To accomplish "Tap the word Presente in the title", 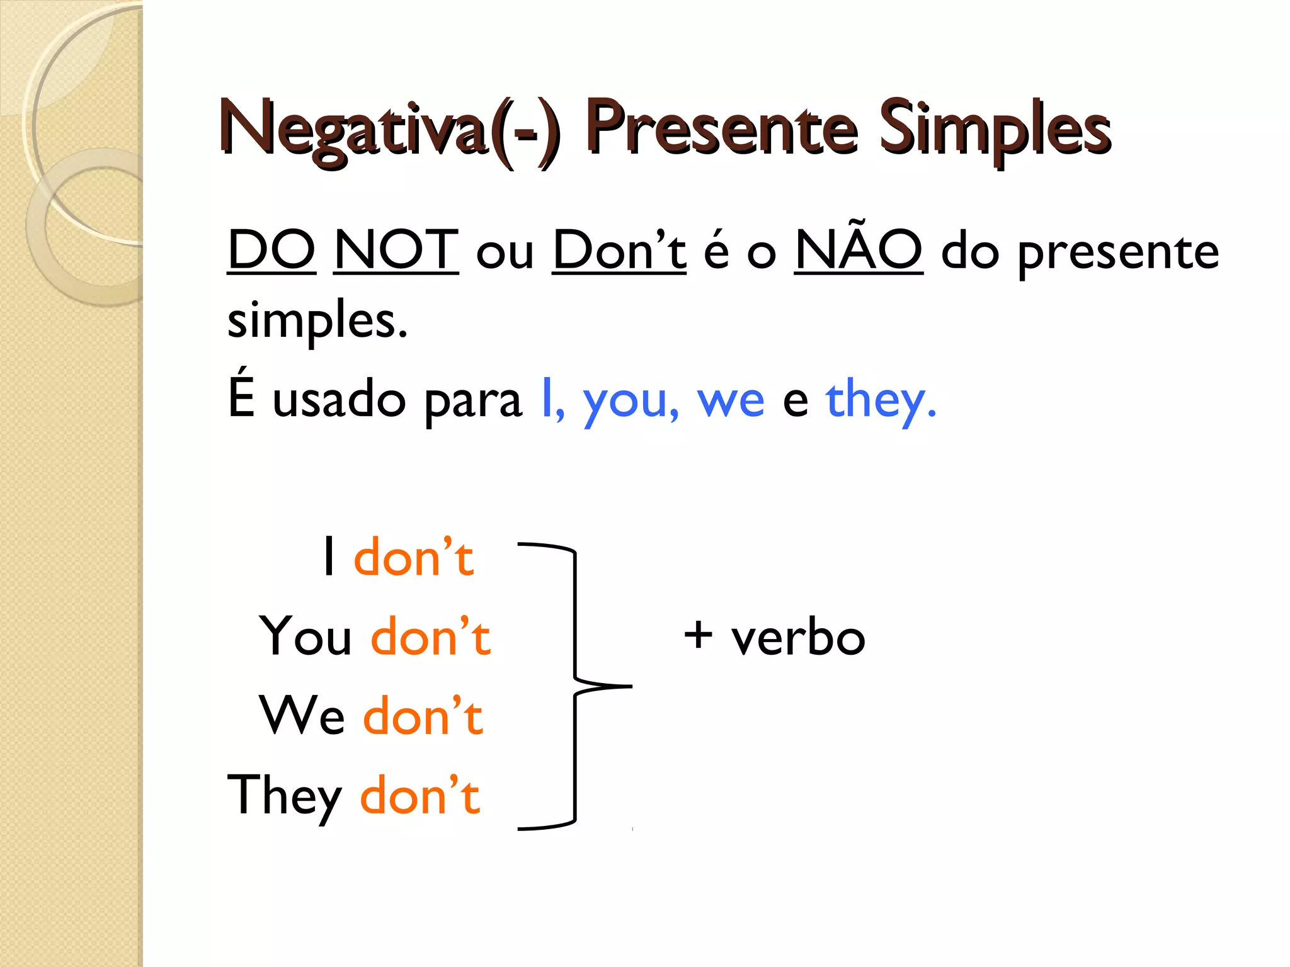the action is tap(721, 129).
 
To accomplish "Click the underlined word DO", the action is tap(271, 251).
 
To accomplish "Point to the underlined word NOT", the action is tap(396, 251).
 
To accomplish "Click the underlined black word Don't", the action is tap(619, 251).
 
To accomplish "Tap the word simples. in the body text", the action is tap(317, 320).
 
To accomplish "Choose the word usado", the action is tap(339, 400).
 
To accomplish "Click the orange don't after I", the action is tap(413, 558).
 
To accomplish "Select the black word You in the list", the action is tap(305, 636).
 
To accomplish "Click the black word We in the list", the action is tap(302, 716).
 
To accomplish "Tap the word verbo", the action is tap(798, 637).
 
